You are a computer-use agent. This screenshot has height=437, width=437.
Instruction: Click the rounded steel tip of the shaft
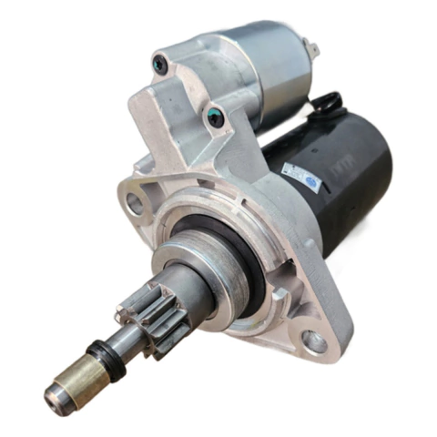tap(52, 394)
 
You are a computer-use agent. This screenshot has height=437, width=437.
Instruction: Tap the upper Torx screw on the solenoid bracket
tap(160, 64)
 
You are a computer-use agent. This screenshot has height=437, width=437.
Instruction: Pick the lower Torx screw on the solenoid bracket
tap(215, 117)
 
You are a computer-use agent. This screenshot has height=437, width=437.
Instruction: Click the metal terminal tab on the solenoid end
tap(311, 49)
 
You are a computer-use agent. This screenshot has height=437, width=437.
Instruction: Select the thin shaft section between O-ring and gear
tap(127, 342)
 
